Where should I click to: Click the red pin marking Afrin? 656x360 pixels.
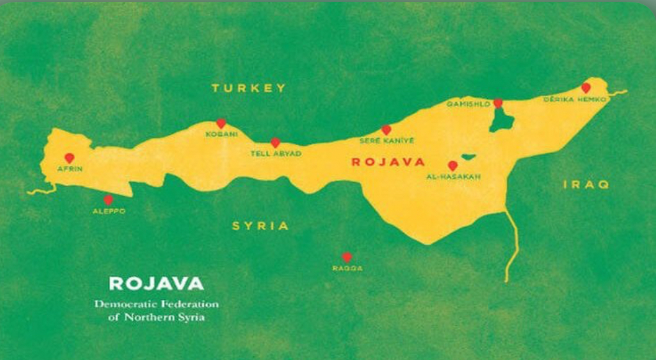(x=69, y=158)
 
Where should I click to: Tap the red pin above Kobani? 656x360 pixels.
(x=220, y=124)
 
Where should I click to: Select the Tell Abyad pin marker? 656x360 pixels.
(x=275, y=142)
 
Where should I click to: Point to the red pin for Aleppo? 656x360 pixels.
(x=108, y=200)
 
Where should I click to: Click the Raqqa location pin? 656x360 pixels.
(x=346, y=257)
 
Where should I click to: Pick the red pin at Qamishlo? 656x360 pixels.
(x=498, y=103)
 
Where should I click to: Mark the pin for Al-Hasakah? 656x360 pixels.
(x=452, y=166)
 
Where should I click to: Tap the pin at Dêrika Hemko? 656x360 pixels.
(x=585, y=88)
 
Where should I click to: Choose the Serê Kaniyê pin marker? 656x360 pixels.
(x=386, y=130)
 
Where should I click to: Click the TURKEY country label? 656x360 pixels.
(x=248, y=88)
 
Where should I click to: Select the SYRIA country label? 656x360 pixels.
(x=260, y=226)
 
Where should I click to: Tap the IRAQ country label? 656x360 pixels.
(x=586, y=184)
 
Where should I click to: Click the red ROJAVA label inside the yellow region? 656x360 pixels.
(x=388, y=162)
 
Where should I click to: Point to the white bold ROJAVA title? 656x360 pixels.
(x=156, y=284)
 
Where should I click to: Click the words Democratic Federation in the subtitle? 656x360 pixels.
(x=156, y=305)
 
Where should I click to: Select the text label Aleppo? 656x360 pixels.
(x=109, y=211)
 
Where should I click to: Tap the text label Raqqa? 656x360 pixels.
(x=347, y=268)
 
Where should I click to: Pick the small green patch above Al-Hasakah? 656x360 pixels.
(x=467, y=157)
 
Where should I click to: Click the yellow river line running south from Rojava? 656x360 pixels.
(x=513, y=242)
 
